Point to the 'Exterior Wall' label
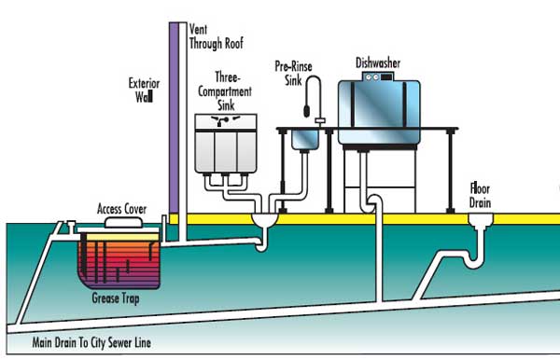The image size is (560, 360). [144, 89]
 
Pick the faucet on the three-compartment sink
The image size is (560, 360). [224, 123]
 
